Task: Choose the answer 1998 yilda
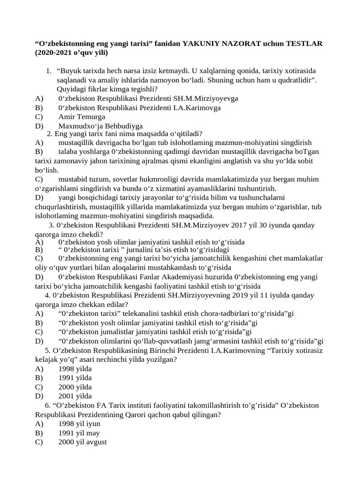[x=75, y=368]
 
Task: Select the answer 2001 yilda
[x=75, y=396]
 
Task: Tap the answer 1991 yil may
[x=79, y=433]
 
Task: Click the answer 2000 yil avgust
[x=82, y=442]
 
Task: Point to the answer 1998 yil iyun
[x=79, y=424]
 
